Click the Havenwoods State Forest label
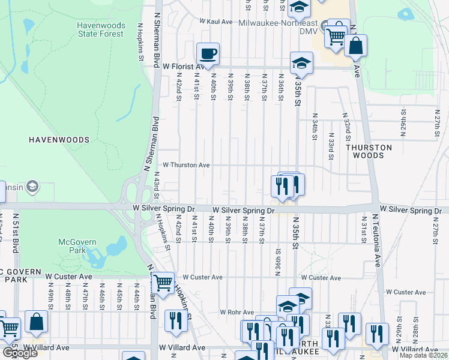click(100, 29)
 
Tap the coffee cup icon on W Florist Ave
click(208, 54)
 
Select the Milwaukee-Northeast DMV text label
click(277, 31)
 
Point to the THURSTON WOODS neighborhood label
click(369, 151)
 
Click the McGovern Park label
click(74, 246)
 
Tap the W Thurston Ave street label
click(186, 164)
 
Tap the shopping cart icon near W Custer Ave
click(163, 282)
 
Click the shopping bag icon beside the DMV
click(355, 46)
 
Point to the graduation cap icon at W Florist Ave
click(301, 63)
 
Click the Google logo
click(20, 353)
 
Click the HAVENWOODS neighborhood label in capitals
click(59, 140)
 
